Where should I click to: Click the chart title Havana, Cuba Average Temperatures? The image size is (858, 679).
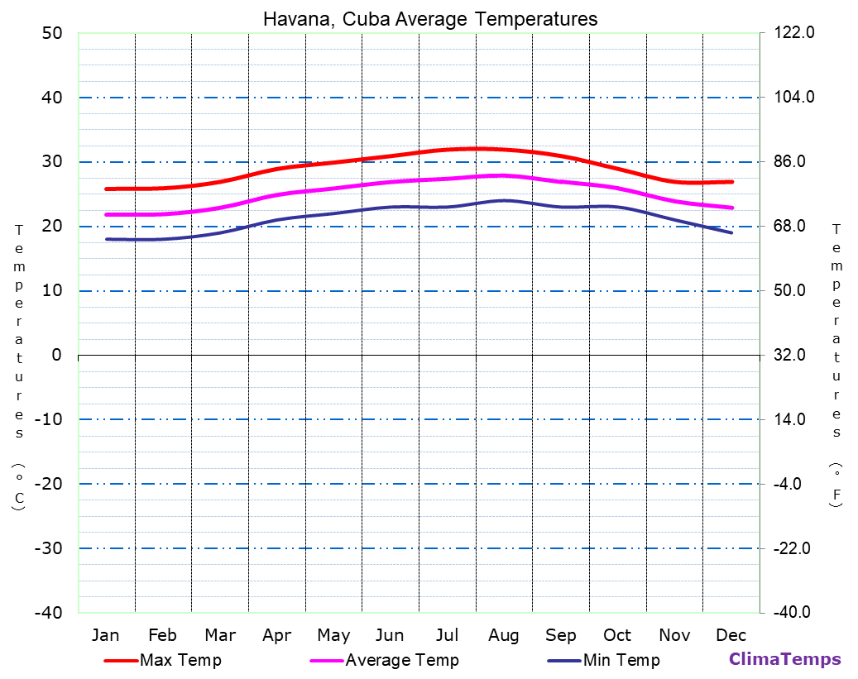coord(430,18)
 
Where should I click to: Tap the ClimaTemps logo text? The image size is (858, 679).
coord(784,659)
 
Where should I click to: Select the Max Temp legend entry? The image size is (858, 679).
coord(180,660)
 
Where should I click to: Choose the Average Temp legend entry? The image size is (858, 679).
coord(401,660)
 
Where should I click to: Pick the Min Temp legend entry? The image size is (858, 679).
coord(621,660)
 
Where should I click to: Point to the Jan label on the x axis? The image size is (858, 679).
coord(105,635)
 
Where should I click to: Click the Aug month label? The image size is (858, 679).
coord(503,635)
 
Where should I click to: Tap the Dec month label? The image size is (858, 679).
coord(731,635)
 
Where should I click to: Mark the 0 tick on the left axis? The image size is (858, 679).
coord(56,355)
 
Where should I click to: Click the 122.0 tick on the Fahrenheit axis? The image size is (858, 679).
coord(794,33)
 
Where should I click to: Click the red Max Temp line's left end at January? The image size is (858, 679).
coord(107,189)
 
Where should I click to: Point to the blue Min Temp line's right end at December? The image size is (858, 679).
coord(731,232)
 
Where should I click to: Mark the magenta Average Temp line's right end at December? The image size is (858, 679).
coord(732,208)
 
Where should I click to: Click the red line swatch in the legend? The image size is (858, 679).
coord(120,661)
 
